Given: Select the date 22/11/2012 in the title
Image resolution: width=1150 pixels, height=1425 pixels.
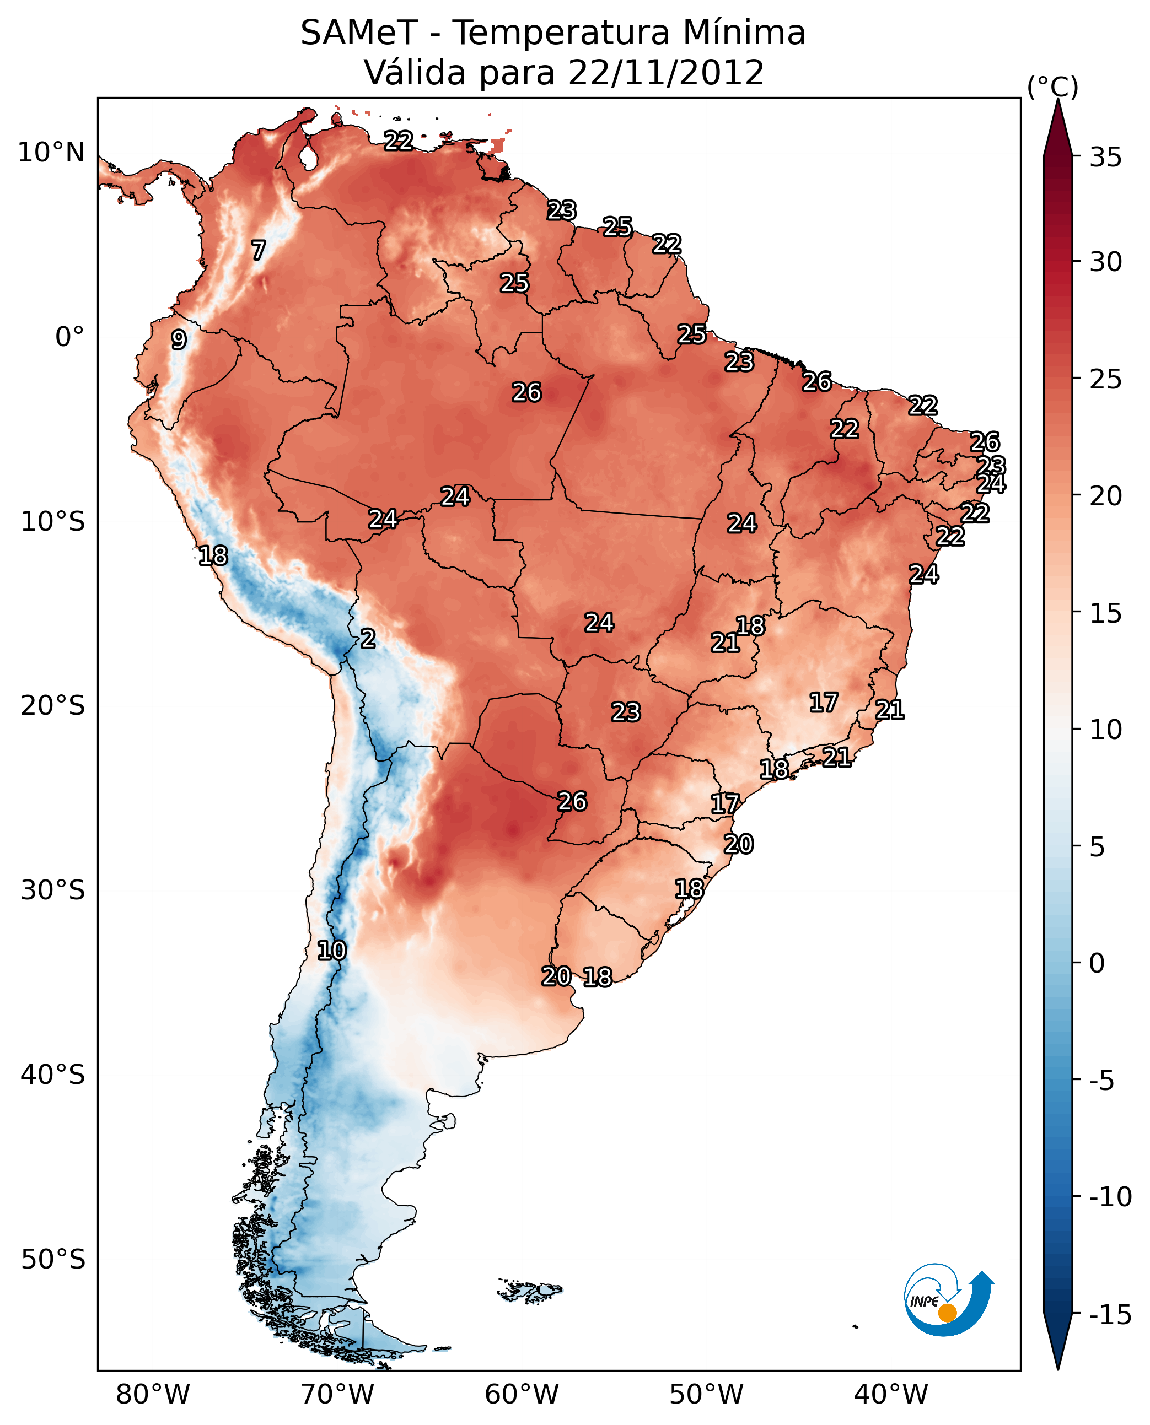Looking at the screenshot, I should pyautogui.click(x=666, y=73).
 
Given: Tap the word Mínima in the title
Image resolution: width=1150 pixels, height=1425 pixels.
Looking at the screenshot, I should pyautogui.click(x=744, y=33).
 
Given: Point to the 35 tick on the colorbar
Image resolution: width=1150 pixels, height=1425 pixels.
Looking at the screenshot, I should pyautogui.click(x=1105, y=158).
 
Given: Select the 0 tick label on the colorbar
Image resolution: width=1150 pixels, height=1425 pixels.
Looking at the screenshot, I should pyautogui.click(x=1097, y=963).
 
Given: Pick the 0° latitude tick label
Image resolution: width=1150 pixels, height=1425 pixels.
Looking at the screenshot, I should pyautogui.click(x=69, y=337).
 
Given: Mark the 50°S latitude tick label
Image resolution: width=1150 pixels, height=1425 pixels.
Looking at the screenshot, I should pyautogui.click(x=53, y=1260).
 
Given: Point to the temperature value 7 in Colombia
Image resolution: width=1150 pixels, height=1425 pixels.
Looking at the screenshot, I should pyautogui.click(x=259, y=250).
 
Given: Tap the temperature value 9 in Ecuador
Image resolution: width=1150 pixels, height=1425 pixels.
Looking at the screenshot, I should pyautogui.click(x=179, y=339).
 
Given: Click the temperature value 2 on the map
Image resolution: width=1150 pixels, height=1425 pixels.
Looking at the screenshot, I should pyautogui.click(x=368, y=639).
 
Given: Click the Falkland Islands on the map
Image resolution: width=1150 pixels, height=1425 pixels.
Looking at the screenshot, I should pyautogui.click(x=530, y=1291).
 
